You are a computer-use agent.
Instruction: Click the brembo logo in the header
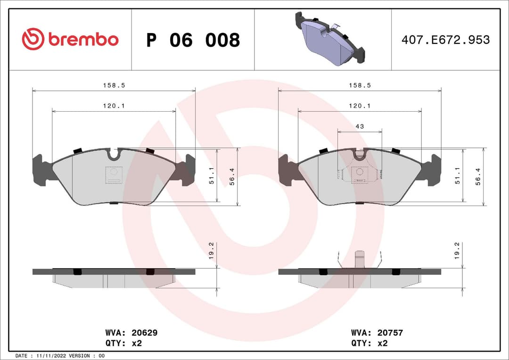(70, 40)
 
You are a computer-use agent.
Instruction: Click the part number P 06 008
(193, 41)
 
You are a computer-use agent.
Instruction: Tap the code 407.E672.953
(445, 40)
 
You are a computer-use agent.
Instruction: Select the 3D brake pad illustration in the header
(329, 39)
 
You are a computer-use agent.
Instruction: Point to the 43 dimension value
(360, 127)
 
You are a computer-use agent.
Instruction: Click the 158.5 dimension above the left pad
(114, 85)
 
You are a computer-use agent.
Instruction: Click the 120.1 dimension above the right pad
(360, 106)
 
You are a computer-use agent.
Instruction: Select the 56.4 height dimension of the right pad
(478, 177)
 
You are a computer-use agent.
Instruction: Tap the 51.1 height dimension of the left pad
(212, 175)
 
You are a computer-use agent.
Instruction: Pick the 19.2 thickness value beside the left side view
(212, 251)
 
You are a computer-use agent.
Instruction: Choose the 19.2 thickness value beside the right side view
(457, 251)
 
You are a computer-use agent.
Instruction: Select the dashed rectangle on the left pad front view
(114, 175)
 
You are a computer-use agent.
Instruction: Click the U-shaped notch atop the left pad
(114, 154)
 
